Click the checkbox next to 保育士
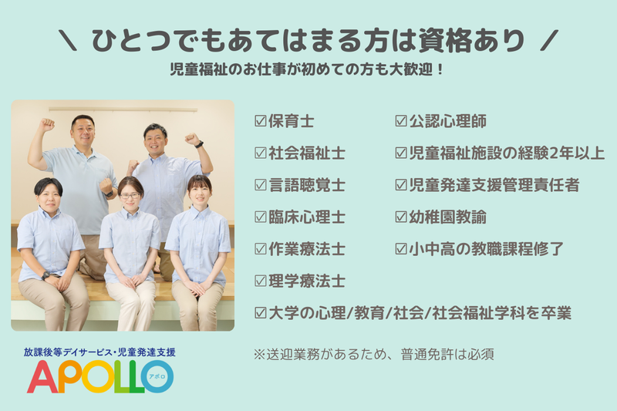(261, 121)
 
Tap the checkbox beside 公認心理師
(401, 121)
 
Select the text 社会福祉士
(307, 153)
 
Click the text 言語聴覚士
(307, 185)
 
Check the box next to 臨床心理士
(261, 217)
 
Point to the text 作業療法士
(307, 249)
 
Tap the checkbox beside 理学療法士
(261, 281)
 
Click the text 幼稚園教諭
(448, 217)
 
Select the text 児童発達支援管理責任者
(494, 185)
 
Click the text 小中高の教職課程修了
(487, 249)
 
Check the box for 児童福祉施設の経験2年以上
(401, 153)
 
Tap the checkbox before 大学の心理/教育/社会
(261, 313)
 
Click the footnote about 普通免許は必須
(374, 355)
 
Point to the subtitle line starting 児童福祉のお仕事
(307, 69)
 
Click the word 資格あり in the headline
(472, 40)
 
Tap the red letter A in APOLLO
(42, 377)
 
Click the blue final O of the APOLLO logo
(157, 376)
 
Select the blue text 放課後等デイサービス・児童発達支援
(99, 352)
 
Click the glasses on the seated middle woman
(130, 195)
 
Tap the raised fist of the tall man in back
(46, 124)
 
